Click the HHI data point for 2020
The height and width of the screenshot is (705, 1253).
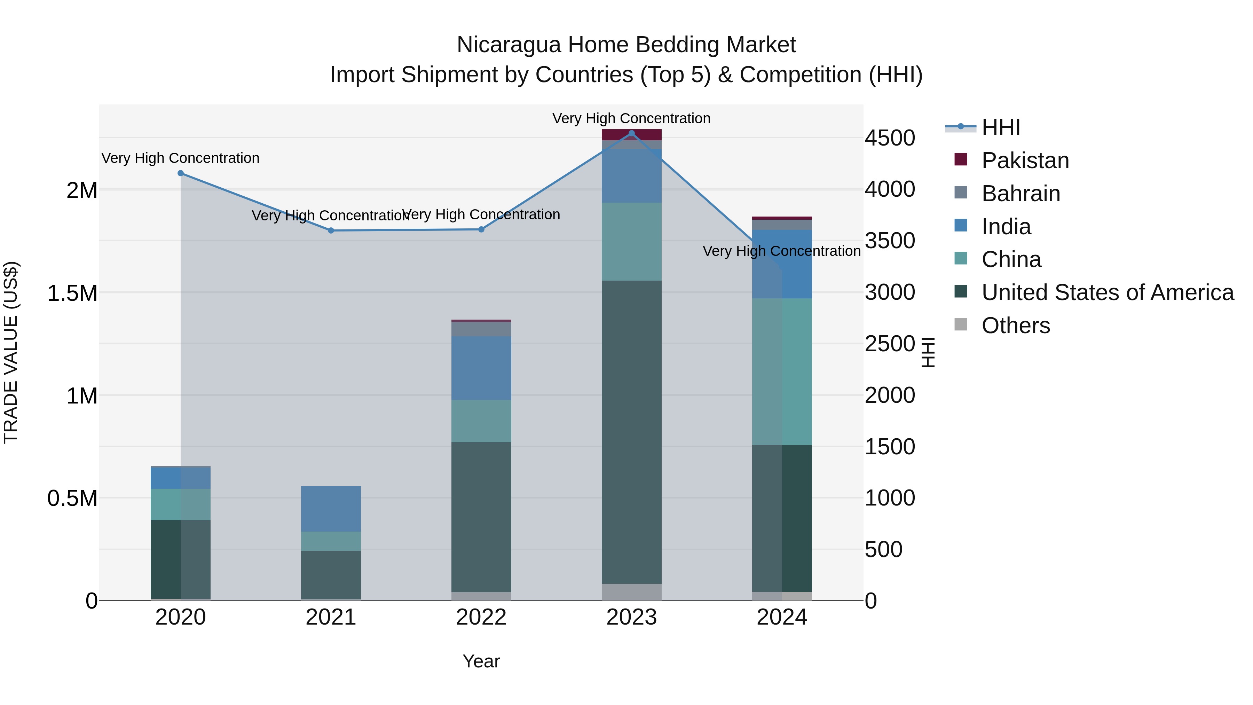(180, 173)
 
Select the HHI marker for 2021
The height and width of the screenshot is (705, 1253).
(331, 230)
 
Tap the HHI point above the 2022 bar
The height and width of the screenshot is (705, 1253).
(481, 229)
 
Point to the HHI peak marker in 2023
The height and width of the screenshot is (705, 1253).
(631, 133)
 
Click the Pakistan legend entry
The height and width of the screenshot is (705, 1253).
(1025, 160)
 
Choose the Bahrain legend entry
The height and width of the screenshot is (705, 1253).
(1020, 194)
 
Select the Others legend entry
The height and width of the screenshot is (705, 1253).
(1016, 326)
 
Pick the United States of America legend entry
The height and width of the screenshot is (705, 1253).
(1107, 292)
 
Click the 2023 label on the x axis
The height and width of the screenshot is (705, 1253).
(631, 617)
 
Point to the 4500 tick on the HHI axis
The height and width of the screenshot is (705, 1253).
(890, 138)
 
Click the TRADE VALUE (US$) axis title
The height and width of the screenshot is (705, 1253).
(11, 352)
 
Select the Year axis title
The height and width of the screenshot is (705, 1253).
(481, 661)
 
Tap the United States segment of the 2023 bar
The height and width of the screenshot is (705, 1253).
(631, 432)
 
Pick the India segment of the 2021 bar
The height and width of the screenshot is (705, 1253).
(331, 508)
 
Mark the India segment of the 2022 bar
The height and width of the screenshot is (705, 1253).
(481, 368)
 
